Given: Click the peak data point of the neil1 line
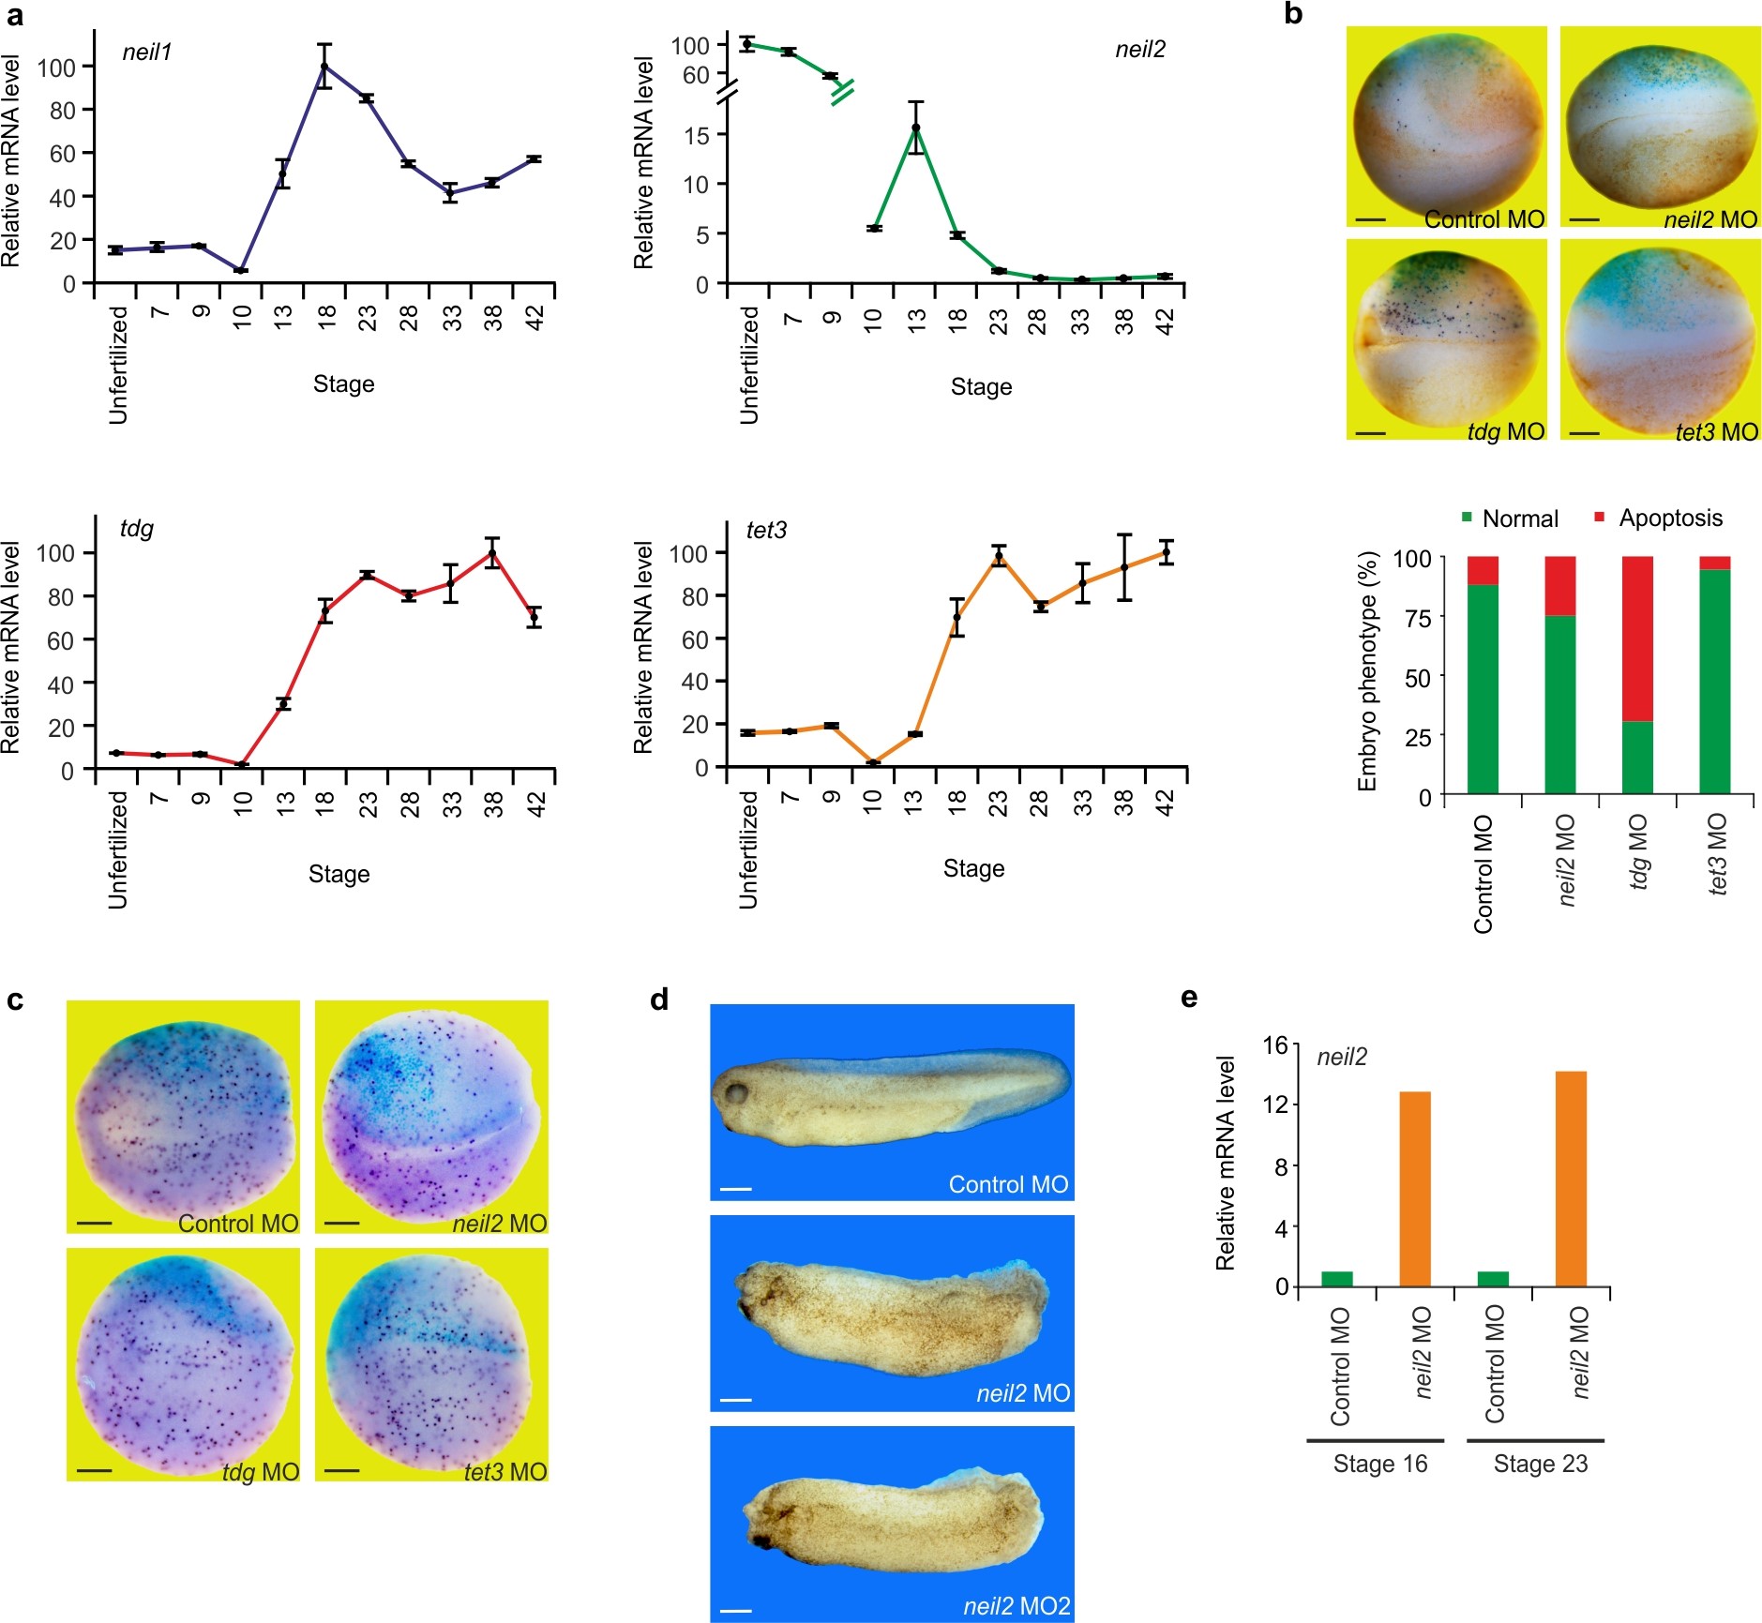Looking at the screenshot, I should [324, 67].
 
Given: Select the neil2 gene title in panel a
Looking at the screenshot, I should [1139, 50].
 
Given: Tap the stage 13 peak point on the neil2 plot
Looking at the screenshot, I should [916, 128].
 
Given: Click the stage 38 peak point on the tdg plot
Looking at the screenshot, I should [492, 553].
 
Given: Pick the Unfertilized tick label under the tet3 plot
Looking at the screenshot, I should [748, 849].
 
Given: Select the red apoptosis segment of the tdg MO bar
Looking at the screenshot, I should [1638, 639].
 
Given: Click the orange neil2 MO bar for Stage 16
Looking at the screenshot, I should [1415, 1188].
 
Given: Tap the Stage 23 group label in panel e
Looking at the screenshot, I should [1540, 1464].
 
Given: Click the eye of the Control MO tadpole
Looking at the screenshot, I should [736, 1093].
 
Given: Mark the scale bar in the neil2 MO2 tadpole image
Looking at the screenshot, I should [736, 1610].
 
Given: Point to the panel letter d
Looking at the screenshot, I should [659, 1000].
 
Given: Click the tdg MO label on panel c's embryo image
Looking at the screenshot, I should [261, 1471].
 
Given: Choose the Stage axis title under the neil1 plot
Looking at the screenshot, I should [343, 384].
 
